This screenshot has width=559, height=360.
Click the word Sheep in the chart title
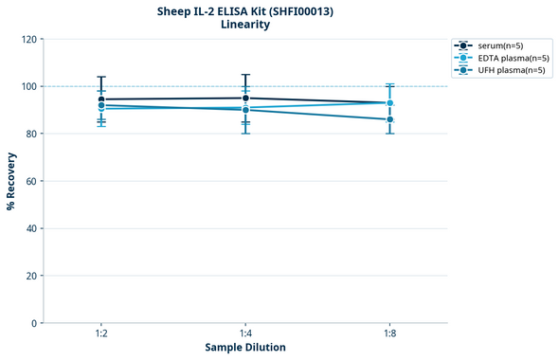[x=175, y=10]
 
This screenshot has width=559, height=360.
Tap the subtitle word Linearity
[x=244, y=25]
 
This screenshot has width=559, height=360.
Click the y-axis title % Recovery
[x=11, y=180]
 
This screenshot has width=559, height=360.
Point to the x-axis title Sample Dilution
[x=244, y=347]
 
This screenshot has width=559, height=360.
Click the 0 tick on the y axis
[x=34, y=323]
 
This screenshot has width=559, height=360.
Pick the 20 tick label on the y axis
[x=31, y=276]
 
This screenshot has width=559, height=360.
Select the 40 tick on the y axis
[x=31, y=228]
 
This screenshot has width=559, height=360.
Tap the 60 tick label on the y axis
[x=31, y=181]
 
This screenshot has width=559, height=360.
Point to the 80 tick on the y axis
[x=31, y=134]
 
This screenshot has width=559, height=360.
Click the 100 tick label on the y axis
[x=29, y=86]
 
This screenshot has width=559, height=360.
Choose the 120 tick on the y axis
[x=29, y=39]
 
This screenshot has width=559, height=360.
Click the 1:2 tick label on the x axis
[x=100, y=333]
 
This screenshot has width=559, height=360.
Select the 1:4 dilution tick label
[x=245, y=333]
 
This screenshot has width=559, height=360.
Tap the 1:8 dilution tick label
[x=389, y=333]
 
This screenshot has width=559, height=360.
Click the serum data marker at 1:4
[x=245, y=98]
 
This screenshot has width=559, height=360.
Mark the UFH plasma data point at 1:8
[x=389, y=119]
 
